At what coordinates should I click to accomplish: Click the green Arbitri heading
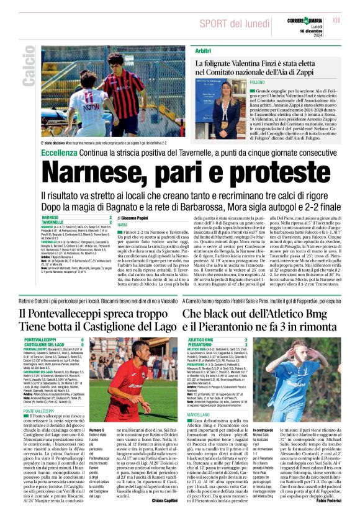(x=203, y=49)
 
